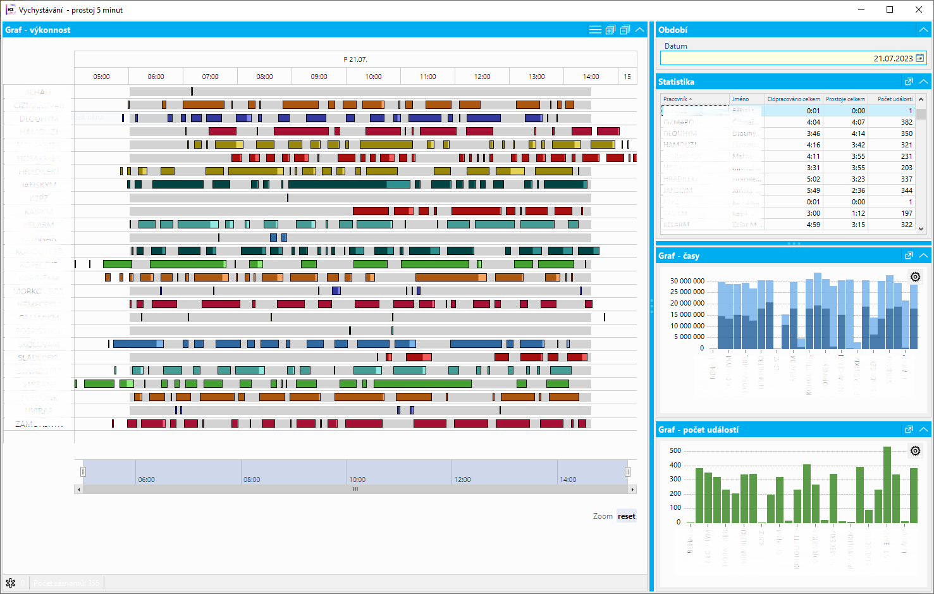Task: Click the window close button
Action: pyautogui.click(x=918, y=9)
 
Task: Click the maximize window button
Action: pyautogui.click(x=890, y=9)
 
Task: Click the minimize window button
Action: pyautogui.click(x=861, y=9)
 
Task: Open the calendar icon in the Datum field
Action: pyautogui.click(x=920, y=58)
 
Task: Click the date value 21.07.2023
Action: pyautogui.click(x=893, y=58)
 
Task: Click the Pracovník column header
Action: pyautogui.click(x=677, y=99)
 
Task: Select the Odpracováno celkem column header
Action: pyautogui.click(x=793, y=99)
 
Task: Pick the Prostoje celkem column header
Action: pyautogui.click(x=845, y=99)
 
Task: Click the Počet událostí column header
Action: pyautogui.click(x=894, y=99)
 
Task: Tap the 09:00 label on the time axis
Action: pyautogui.click(x=319, y=77)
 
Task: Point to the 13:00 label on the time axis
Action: pyautogui.click(x=536, y=77)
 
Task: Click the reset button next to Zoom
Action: pyautogui.click(x=626, y=516)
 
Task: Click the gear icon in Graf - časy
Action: pyautogui.click(x=915, y=277)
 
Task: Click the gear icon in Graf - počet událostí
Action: pyautogui.click(x=915, y=451)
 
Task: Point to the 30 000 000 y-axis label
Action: pyautogui.click(x=687, y=281)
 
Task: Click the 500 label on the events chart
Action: pyautogui.click(x=675, y=450)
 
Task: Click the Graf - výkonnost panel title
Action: pyautogui.click(x=38, y=30)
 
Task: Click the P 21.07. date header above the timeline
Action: pyautogui.click(x=355, y=59)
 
